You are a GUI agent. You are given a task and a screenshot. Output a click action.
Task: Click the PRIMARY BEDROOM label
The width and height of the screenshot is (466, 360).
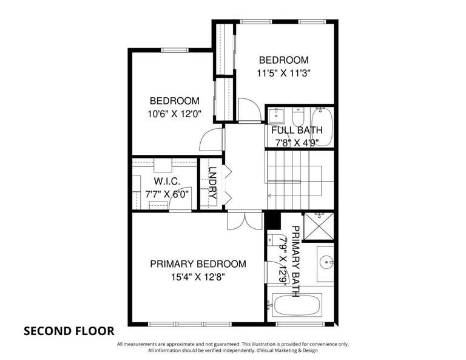[198, 264]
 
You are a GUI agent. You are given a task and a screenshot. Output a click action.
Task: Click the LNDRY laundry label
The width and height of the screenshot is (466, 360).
[213, 184]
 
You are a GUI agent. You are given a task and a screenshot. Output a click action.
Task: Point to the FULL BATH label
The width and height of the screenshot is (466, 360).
[297, 130]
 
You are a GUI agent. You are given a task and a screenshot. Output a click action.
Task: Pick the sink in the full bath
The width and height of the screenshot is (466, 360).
[278, 115]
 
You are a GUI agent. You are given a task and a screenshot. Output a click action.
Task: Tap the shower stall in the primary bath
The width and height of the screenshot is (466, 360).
[318, 226]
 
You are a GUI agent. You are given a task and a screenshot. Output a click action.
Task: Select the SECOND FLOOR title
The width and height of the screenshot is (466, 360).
[69, 331]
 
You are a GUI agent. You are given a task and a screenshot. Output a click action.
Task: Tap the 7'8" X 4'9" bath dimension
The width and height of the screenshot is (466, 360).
[297, 143]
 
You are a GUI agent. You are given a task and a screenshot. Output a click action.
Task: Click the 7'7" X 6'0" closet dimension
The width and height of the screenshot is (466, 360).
[163, 195]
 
